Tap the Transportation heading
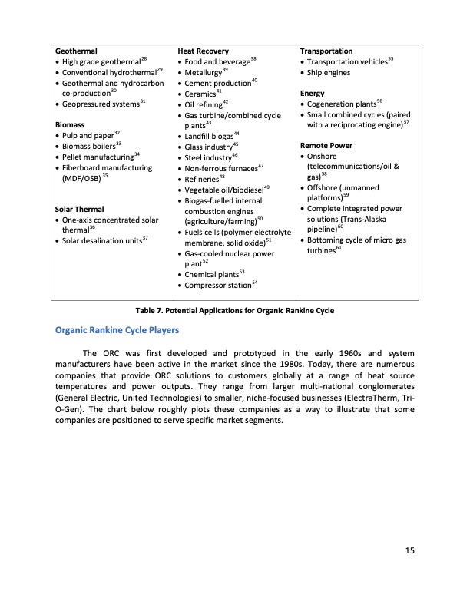pos(326,51)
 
